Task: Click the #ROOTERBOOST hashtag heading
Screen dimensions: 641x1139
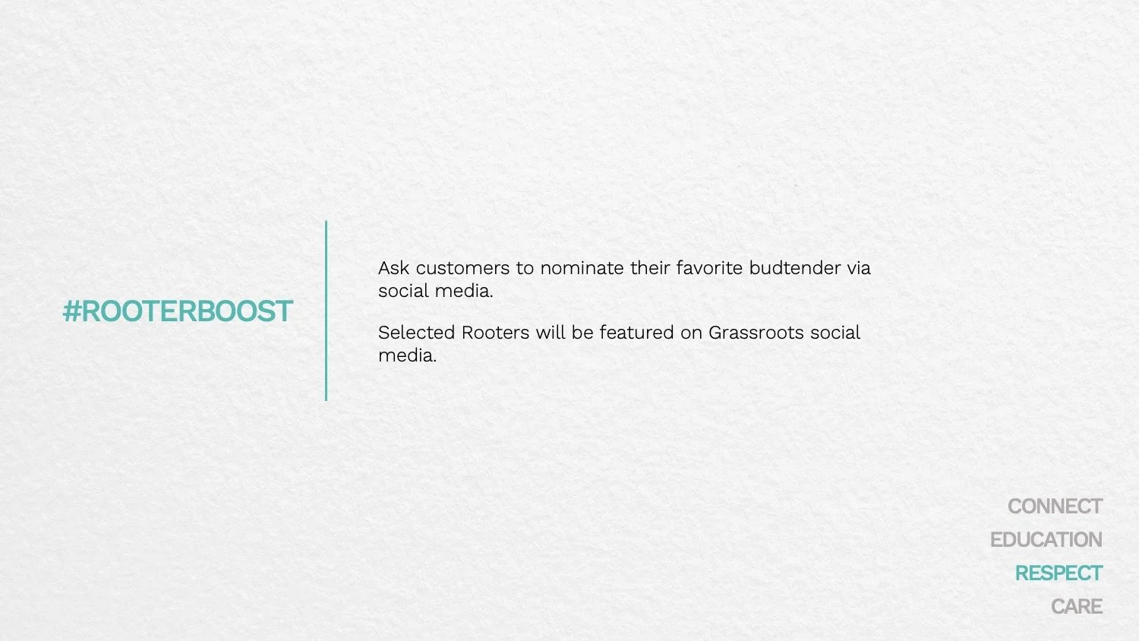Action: coord(178,311)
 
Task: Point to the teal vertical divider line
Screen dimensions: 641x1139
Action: coord(326,311)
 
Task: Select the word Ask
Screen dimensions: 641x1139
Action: coord(394,268)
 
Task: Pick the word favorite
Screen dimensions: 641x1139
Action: coord(709,268)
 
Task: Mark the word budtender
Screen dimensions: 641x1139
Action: coord(795,268)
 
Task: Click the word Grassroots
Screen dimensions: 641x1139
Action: coord(756,333)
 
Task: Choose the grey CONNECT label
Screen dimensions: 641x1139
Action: coord(1055,507)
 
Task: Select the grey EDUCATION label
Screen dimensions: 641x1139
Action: coord(1046,540)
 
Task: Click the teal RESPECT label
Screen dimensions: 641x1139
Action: coord(1059,573)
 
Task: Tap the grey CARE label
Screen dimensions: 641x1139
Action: coord(1077,607)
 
